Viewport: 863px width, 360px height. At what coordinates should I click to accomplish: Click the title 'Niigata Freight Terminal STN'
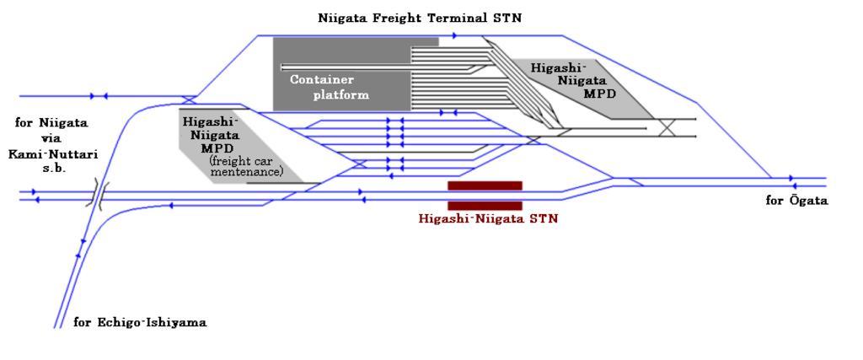tap(419, 17)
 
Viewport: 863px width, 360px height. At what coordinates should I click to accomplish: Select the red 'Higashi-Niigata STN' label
tap(488, 218)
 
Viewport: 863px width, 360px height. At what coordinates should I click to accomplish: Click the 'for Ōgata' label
tap(796, 201)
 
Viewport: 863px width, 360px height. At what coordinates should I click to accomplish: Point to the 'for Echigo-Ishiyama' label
tap(140, 322)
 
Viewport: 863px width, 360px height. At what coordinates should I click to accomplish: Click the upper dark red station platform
tap(485, 185)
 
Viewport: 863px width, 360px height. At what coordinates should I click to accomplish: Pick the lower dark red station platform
tap(485, 206)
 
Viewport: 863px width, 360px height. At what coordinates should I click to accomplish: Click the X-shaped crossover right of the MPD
tap(667, 128)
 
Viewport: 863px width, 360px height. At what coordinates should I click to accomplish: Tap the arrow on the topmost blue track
tap(454, 35)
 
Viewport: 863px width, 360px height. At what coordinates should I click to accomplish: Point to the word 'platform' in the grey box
tap(341, 94)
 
